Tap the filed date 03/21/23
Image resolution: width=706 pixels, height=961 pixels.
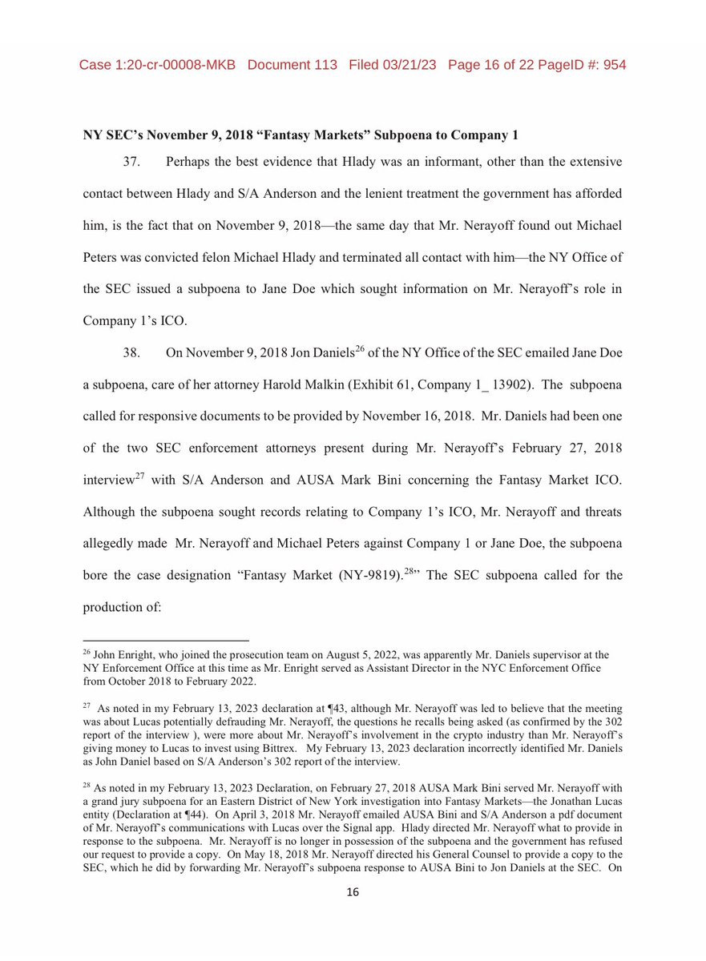pos(410,64)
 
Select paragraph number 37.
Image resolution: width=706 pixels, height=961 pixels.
pos(132,162)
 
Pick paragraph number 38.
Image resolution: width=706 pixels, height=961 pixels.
pos(132,352)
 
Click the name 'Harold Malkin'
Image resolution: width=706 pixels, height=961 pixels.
pos(331,385)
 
